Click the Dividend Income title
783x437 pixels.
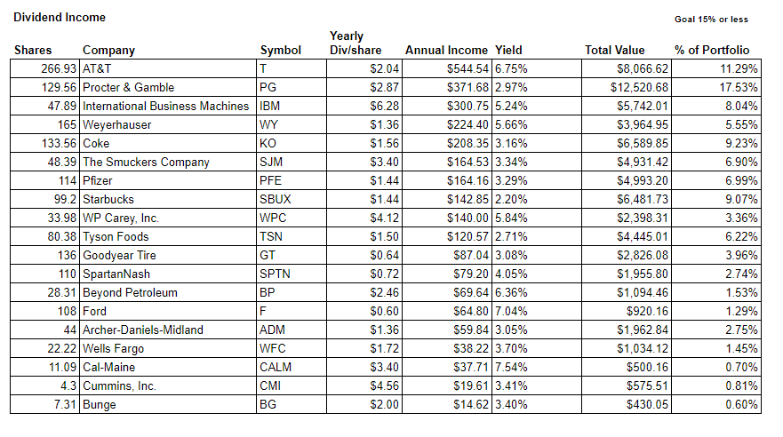click(x=60, y=18)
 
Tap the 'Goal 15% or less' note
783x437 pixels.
click(x=711, y=20)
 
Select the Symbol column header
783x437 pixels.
click(x=281, y=51)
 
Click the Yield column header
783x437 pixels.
click(x=508, y=51)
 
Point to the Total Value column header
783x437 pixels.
click(x=615, y=51)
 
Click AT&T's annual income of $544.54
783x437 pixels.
click(x=467, y=69)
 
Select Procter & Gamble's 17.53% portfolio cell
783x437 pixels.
click(x=738, y=87)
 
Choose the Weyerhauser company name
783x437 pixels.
click(x=116, y=124)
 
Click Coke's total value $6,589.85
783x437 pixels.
click(x=643, y=144)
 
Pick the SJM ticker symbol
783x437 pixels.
click(x=271, y=163)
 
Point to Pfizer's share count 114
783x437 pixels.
click(x=68, y=180)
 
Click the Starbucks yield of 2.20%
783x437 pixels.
click(x=511, y=200)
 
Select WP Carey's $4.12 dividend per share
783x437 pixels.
click(x=384, y=218)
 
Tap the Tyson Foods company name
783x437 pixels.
click(x=116, y=237)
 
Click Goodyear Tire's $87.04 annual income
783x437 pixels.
click(x=471, y=256)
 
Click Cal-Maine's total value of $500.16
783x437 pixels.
click(x=647, y=367)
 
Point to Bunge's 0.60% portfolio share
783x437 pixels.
click(x=741, y=404)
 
